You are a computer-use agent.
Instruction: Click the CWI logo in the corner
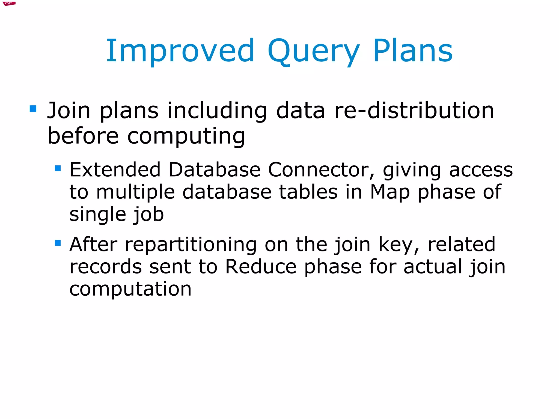[9, 4]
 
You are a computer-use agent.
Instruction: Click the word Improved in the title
[180, 51]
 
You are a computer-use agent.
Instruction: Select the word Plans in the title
[413, 51]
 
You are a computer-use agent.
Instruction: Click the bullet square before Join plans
[33, 109]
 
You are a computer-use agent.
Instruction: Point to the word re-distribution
[414, 111]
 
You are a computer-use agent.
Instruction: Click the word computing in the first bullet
[186, 136]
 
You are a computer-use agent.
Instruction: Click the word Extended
[115, 170]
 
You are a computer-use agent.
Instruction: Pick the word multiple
[135, 192]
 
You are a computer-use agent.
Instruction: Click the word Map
[390, 192]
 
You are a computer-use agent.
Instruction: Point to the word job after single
[149, 215]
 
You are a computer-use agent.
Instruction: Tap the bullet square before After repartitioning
[58, 243]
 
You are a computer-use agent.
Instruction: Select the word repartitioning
[191, 245]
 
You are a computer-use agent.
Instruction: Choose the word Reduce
[261, 267]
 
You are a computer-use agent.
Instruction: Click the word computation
[130, 289]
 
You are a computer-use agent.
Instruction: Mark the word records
[106, 267]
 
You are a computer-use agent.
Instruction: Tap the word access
[481, 170]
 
